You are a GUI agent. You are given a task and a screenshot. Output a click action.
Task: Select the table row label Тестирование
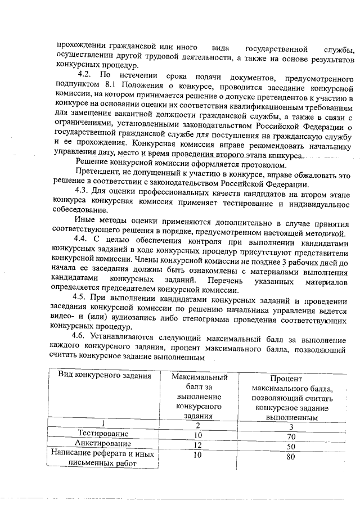(x=103, y=434)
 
